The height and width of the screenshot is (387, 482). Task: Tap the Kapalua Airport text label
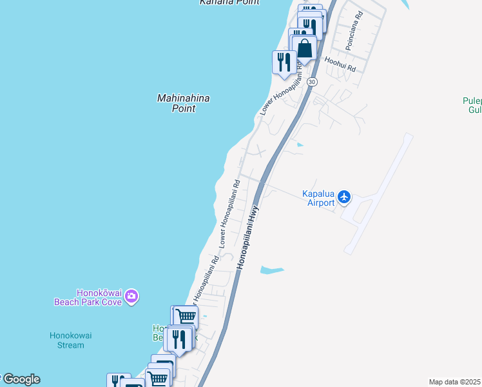319,197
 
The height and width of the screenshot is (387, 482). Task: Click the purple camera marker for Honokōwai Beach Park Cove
132,297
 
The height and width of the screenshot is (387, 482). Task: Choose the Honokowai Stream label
67,340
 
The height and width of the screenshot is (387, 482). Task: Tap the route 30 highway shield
312,82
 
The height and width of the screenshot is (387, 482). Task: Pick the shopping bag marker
304,48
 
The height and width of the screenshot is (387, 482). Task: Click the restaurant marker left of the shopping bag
284,63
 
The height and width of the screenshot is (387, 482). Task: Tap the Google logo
21,379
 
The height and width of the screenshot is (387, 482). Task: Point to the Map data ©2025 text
455,382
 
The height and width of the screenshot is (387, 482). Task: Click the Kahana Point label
229,3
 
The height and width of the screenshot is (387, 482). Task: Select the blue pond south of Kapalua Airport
271,269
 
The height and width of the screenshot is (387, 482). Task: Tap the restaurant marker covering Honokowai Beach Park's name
178,338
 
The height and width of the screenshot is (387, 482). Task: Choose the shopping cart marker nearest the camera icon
185,317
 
